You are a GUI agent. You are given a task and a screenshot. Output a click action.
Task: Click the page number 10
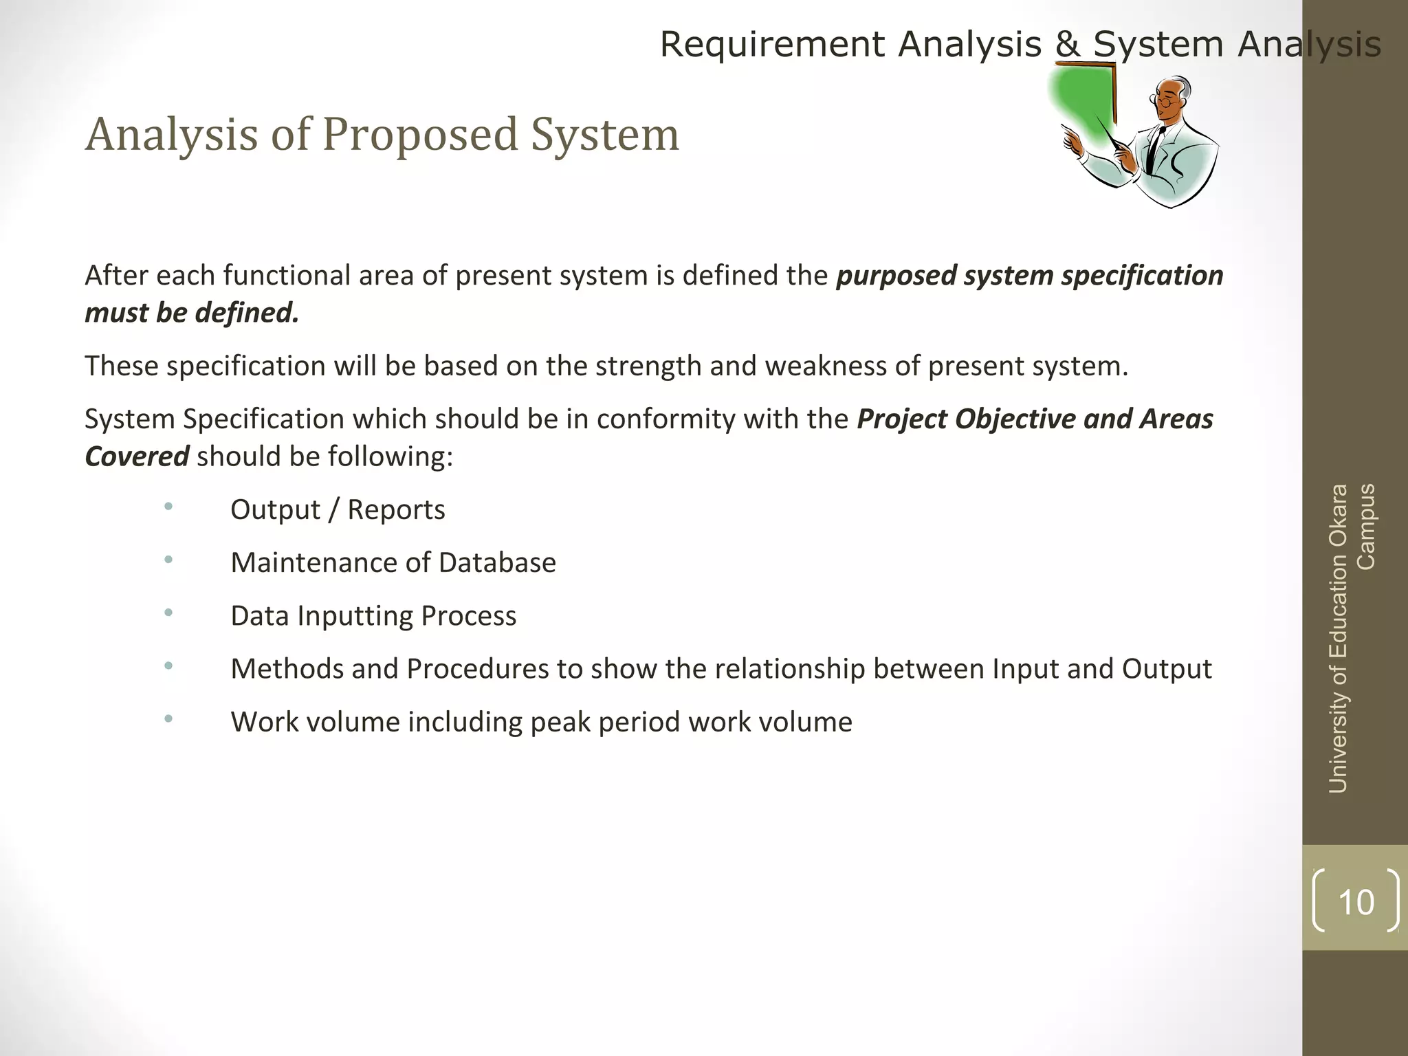[1356, 902]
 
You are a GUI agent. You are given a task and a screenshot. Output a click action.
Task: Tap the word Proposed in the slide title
[419, 134]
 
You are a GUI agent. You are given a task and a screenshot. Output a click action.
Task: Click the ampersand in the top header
[1068, 45]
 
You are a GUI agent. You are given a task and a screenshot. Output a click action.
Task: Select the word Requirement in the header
[772, 45]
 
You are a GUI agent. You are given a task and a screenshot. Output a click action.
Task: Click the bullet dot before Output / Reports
[168, 507]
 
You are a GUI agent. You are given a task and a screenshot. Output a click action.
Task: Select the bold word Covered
[137, 456]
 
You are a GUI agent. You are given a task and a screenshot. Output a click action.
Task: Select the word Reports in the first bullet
[396, 510]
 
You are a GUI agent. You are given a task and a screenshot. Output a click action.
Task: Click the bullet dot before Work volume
[168, 719]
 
